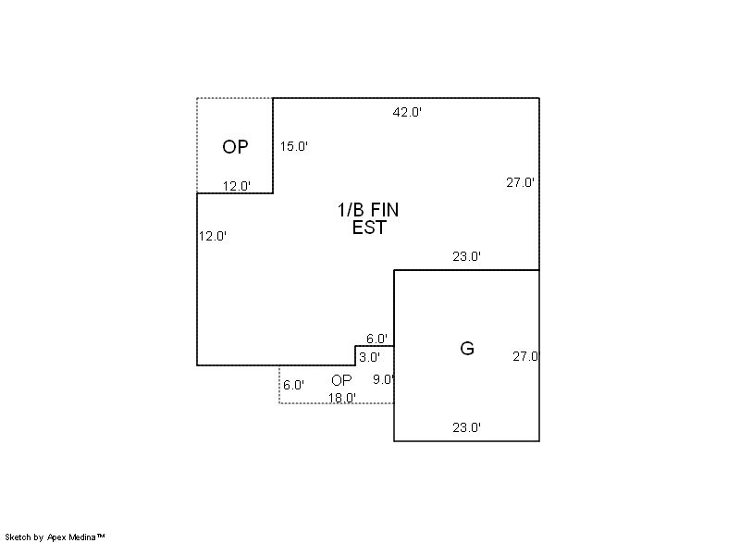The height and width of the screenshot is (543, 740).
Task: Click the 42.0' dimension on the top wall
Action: (x=407, y=112)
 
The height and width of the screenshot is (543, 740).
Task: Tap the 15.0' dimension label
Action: (x=293, y=146)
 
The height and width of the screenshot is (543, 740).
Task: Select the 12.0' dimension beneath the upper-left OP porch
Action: (x=237, y=186)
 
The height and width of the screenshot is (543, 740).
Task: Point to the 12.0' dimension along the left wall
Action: (x=213, y=236)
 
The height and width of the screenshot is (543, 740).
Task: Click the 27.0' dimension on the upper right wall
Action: (x=520, y=182)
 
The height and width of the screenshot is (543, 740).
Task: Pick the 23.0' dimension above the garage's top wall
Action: (x=467, y=256)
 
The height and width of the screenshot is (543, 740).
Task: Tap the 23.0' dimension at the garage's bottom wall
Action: (x=467, y=427)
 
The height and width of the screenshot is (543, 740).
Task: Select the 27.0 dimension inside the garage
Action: (x=525, y=356)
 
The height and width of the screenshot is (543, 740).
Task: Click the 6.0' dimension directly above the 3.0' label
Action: (x=377, y=339)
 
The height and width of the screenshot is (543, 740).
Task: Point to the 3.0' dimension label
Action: (x=369, y=358)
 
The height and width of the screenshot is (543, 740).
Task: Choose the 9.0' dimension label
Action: (x=383, y=379)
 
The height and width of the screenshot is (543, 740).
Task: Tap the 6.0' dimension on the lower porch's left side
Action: (x=293, y=385)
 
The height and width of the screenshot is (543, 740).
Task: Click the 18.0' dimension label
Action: (x=342, y=398)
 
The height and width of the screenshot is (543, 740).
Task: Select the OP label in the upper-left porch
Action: (x=235, y=147)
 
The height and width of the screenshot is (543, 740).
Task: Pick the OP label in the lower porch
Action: (x=341, y=380)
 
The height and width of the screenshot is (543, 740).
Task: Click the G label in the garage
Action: (x=467, y=349)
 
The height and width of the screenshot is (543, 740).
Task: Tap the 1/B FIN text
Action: (x=368, y=209)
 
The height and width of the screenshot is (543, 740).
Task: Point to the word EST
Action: (x=369, y=228)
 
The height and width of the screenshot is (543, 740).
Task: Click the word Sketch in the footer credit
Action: (x=18, y=537)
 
